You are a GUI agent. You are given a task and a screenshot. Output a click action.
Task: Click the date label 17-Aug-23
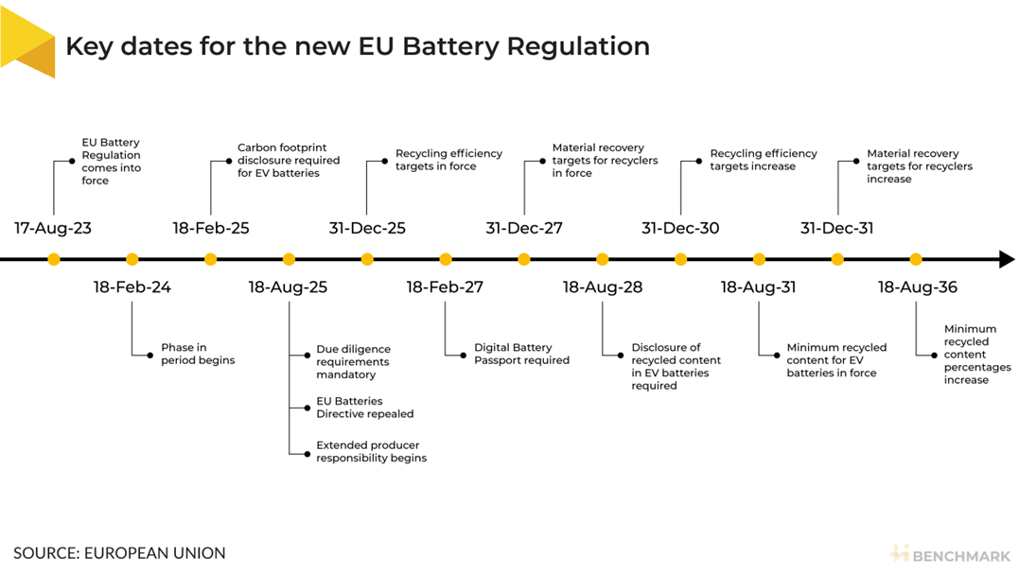(x=53, y=228)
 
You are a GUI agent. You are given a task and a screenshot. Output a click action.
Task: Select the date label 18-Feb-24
(x=132, y=287)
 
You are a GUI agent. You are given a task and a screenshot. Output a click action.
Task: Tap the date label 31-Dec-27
(x=524, y=228)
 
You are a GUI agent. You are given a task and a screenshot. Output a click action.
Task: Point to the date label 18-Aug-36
(x=917, y=287)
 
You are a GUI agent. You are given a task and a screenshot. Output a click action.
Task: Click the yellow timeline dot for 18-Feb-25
(x=211, y=259)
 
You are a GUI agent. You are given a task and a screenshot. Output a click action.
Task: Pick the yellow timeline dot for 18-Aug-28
(x=603, y=259)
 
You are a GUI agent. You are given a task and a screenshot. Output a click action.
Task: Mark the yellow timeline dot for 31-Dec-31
(x=837, y=259)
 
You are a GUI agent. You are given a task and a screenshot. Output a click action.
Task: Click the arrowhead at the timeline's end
(x=1007, y=259)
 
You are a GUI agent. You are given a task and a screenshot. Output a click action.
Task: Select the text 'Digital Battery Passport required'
(x=521, y=354)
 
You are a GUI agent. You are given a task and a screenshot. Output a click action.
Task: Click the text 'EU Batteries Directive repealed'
(x=364, y=408)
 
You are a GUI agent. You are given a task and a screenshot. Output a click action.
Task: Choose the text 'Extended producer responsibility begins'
(x=371, y=452)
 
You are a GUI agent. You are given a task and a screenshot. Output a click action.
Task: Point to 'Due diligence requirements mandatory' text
(x=352, y=362)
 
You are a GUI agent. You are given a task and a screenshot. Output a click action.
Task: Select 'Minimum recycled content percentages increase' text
(x=977, y=355)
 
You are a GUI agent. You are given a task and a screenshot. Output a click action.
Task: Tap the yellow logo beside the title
(x=28, y=44)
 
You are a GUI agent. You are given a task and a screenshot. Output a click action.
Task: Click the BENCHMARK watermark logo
(x=950, y=554)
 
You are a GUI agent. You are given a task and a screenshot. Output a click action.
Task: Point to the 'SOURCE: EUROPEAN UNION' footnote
(x=119, y=553)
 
